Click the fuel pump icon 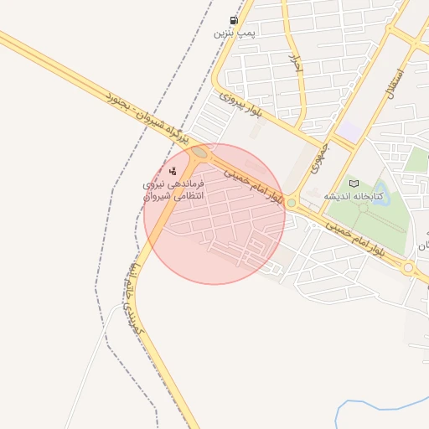[233, 20]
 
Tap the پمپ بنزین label [233, 34]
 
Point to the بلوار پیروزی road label [242, 103]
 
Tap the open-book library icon [354, 183]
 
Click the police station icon [173, 171]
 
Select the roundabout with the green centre [291, 203]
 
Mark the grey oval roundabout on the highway [199, 152]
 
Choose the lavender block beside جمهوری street [350, 132]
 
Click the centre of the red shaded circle [214, 214]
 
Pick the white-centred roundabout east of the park [408, 267]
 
